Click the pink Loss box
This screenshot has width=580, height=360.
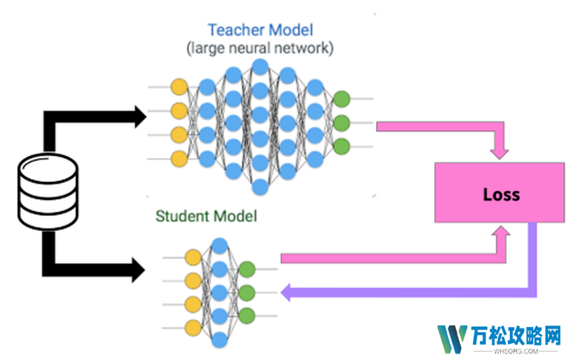pos(500,193)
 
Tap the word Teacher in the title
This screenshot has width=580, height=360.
pos(234,31)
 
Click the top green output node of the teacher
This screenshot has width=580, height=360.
pos(341,100)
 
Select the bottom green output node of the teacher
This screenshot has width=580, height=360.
pos(341,147)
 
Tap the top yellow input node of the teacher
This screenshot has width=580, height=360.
pos(180,87)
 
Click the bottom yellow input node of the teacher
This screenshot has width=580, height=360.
pos(180,159)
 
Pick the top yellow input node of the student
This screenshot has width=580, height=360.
pos(193,258)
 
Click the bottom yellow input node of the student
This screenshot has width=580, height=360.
pos(193,327)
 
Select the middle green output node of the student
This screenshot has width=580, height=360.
pos(247,292)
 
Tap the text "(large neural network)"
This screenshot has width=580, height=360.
pos(259,48)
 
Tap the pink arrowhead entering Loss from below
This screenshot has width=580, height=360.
pos(501,234)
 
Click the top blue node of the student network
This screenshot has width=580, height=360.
pos(219,246)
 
